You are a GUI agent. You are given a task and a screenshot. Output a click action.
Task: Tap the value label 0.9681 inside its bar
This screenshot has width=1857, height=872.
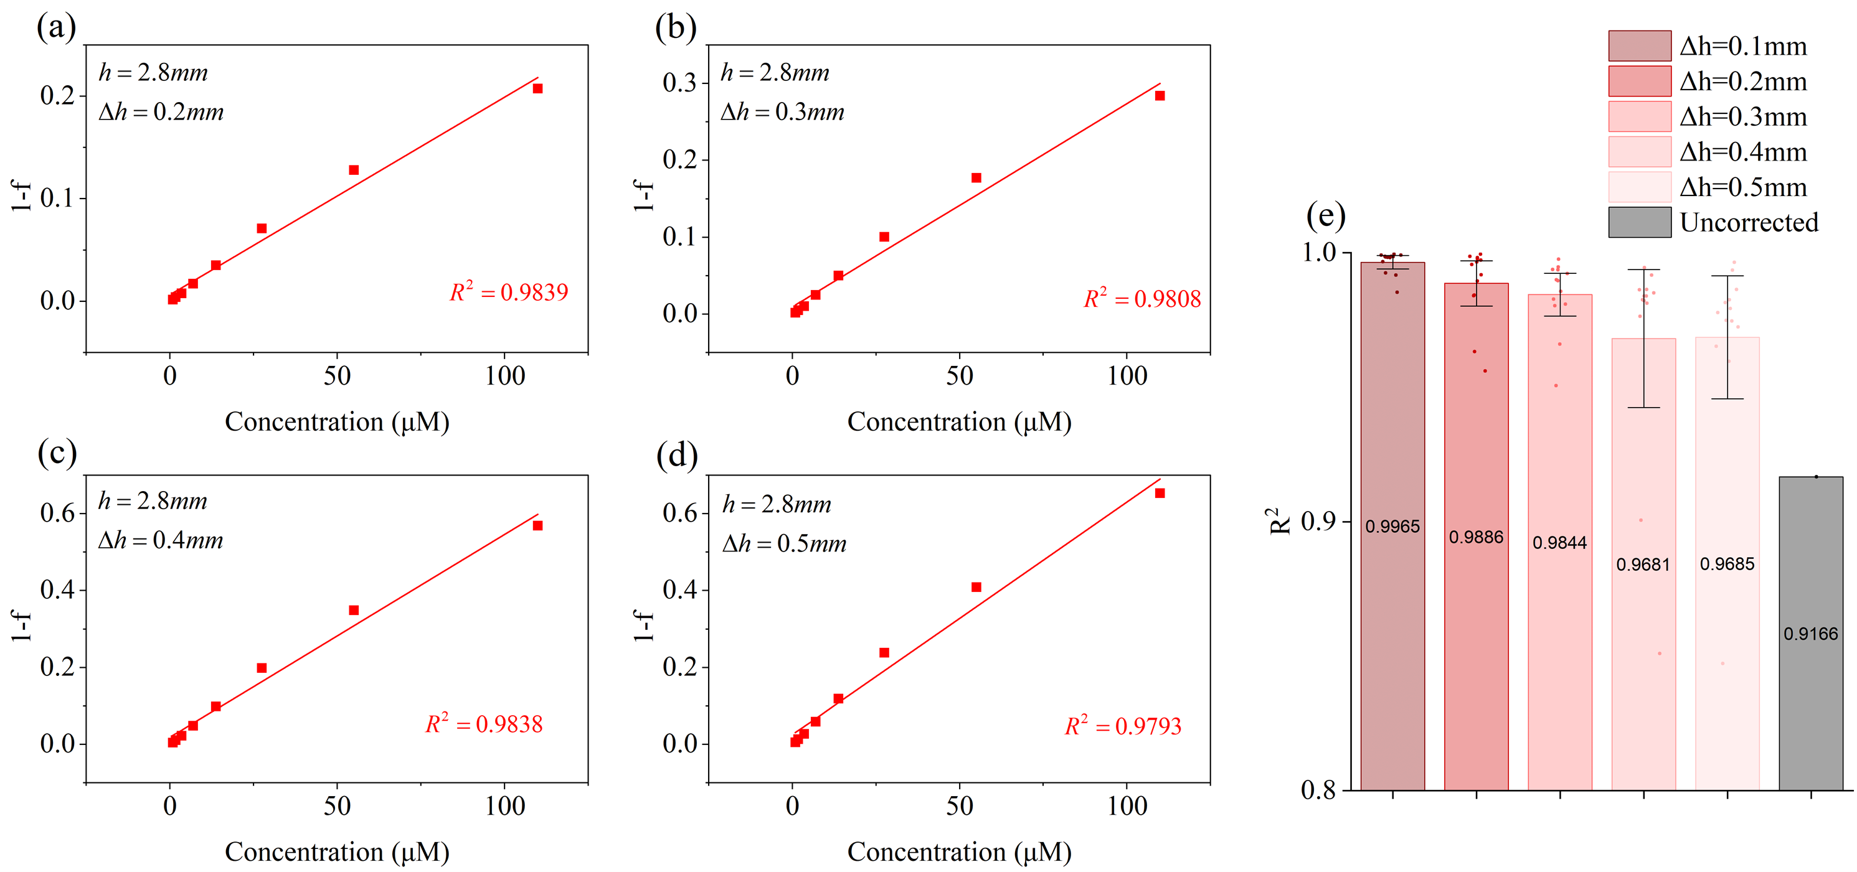(x=1643, y=565)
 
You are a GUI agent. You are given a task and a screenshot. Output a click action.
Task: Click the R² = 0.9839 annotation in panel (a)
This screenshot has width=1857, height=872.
(x=509, y=292)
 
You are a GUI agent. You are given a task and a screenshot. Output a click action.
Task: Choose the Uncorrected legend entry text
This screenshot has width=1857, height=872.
(x=1749, y=223)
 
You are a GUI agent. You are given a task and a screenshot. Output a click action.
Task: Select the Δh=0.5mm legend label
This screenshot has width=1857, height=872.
(x=1743, y=187)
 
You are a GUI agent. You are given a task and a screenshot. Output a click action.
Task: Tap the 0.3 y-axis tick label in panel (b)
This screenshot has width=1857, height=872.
(x=680, y=83)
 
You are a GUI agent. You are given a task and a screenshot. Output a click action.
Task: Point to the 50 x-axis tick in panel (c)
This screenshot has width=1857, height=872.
(x=337, y=805)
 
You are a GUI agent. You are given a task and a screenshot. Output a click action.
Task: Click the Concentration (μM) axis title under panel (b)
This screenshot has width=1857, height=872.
(x=959, y=421)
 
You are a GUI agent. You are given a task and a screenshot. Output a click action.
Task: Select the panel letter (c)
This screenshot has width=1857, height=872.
(x=57, y=453)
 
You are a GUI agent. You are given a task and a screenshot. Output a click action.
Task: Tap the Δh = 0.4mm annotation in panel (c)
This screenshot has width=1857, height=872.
(x=161, y=540)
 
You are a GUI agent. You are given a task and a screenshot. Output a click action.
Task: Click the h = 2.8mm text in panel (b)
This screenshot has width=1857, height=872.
(x=775, y=73)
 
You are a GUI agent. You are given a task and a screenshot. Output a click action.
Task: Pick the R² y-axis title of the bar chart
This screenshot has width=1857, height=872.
(x=1280, y=521)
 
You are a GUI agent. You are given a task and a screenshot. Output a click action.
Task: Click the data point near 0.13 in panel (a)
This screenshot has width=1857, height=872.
(x=353, y=170)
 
